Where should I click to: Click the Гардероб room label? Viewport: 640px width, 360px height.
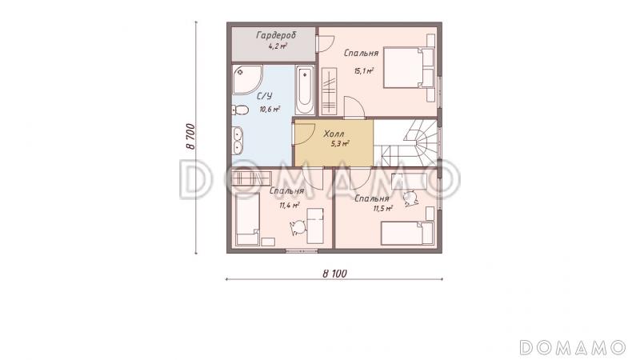tap(276, 35)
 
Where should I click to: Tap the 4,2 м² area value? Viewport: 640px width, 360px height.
tap(278, 46)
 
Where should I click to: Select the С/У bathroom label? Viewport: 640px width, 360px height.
tap(265, 96)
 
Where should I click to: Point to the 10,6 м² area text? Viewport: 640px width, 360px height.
tap(270, 109)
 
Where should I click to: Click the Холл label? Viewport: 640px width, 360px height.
tap(334, 134)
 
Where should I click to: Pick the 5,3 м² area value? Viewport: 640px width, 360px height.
tap(341, 143)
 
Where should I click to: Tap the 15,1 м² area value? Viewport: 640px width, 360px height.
tap(364, 71)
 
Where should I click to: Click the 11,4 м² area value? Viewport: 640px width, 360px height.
tap(290, 206)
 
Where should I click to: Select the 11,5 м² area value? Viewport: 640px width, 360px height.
tap(383, 209)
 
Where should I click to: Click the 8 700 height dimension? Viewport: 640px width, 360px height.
tap(191, 136)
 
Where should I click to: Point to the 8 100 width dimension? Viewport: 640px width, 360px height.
tap(334, 274)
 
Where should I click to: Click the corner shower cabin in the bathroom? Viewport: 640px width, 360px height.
tap(246, 79)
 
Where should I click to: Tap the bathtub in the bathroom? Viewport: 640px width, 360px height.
tap(305, 90)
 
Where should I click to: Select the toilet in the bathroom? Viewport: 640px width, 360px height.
tap(240, 110)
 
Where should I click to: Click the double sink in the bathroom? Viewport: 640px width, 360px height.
tap(237, 141)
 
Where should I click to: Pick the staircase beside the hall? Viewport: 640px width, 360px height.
tap(406, 143)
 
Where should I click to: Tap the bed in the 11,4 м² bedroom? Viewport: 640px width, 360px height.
tap(247, 219)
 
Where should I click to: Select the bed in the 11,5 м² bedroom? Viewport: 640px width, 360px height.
tap(407, 234)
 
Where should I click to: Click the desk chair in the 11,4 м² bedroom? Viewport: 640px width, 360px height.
tap(298, 228)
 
